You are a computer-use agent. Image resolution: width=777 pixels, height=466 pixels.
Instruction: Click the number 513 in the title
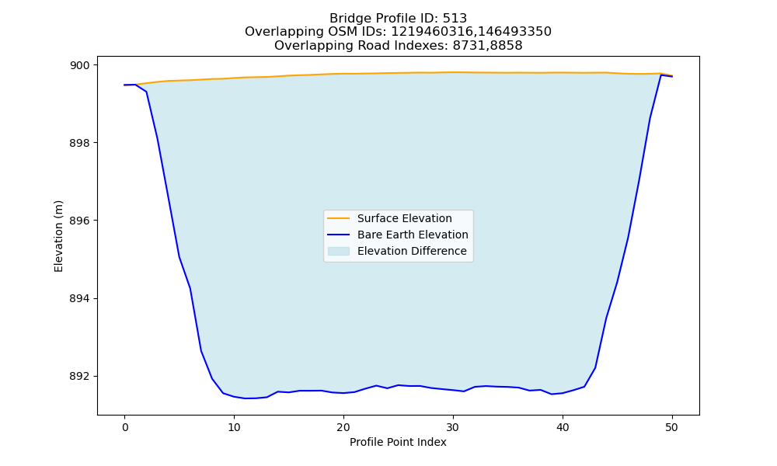pyautogui.click(x=455, y=19)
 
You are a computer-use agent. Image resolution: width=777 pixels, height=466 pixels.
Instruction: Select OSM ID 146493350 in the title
pyautogui.click(x=515, y=32)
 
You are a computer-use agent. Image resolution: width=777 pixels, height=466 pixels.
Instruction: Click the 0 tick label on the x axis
pyautogui.click(x=125, y=427)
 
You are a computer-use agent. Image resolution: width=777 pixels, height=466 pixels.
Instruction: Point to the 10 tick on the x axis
pyautogui.click(x=234, y=427)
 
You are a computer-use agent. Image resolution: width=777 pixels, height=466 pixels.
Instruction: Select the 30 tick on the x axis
pyautogui.click(x=453, y=427)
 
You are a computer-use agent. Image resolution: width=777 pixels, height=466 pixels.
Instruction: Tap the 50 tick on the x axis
pyautogui.click(x=672, y=427)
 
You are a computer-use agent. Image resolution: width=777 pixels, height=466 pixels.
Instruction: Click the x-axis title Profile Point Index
pyautogui.click(x=398, y=442)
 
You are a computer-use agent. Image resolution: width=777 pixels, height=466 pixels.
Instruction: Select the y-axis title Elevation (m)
pyautogui.click(x=58, y=236)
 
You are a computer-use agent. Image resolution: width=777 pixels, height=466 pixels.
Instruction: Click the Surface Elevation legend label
pyautogui.click(x=404, y=218)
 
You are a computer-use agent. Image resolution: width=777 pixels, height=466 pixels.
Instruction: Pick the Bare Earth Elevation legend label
pyautogui.click(x=413, y=235)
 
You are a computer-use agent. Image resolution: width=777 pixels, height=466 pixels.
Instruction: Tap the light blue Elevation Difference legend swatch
pyautogui.click(x=339, y=251)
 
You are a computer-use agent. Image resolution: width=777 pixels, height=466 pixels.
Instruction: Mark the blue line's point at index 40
pyautogui.click(x=563, y=393)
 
